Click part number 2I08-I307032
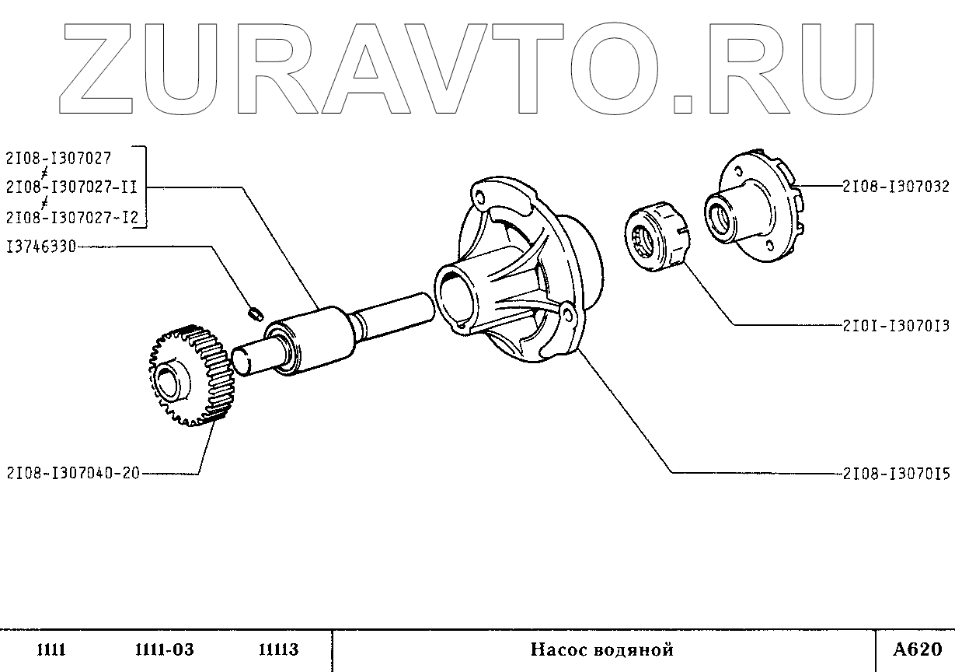pos(895,187)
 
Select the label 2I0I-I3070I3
pos(896,327)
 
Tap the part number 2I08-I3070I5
pos(896,473)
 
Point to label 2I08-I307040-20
pos(72,473)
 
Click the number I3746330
pos(40,247)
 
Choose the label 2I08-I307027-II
pos(71,187)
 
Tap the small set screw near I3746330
pos(253,313)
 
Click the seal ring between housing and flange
pos(657,238)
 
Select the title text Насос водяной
pos(602,650)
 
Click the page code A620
pos(917,649)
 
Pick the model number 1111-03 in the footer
pos(164,650)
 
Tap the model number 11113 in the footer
pos(278,650)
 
